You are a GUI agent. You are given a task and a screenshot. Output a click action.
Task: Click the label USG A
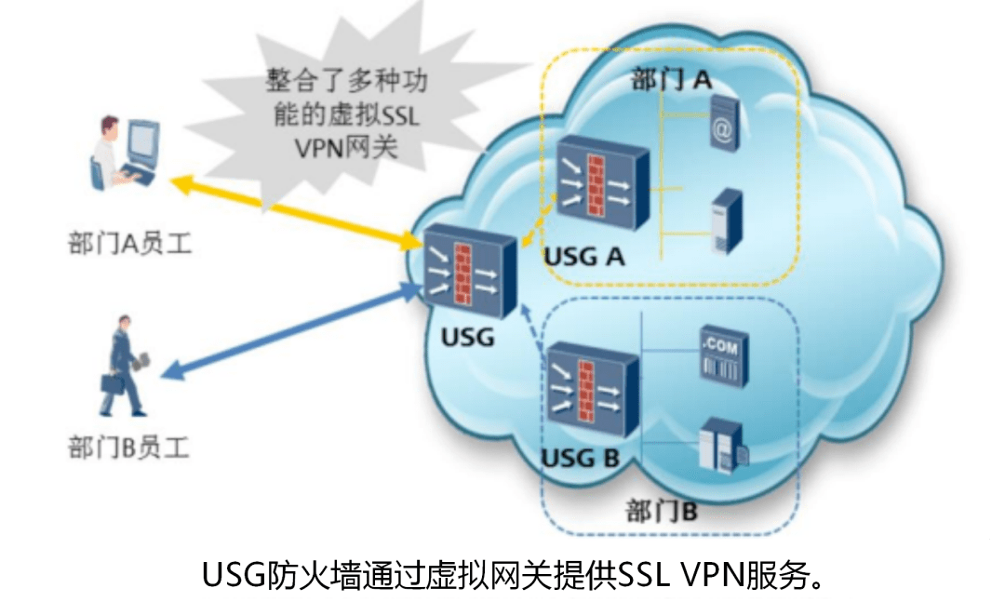(584, 256)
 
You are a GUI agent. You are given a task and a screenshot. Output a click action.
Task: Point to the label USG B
(581, 458)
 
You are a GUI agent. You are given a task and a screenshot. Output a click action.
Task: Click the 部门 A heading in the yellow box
(671, 79)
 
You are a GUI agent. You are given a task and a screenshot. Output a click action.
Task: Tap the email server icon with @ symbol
(723, 127)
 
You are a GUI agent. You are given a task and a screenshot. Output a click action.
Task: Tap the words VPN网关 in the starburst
(345, 146)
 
